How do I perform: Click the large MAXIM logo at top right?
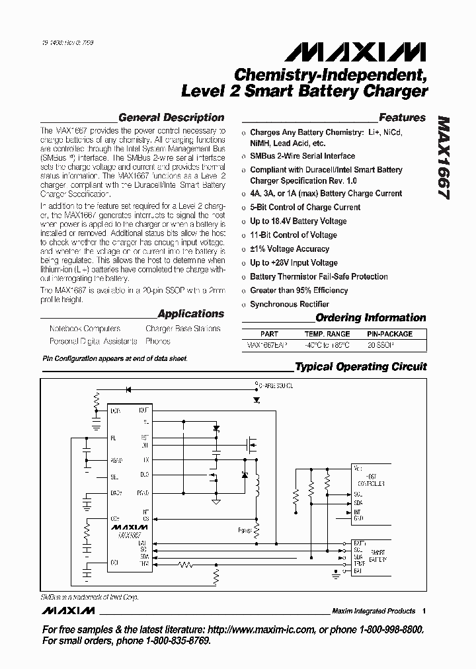tap(379, 52)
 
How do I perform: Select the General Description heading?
tap(171, 118)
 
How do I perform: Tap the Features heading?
tap(402, 118)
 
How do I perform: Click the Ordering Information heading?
tap(370, 317)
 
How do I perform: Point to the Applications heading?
tap(191, 314)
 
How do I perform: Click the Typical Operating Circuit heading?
tap(360, 366)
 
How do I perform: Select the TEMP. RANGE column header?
tap(327, 334)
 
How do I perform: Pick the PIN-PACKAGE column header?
tap(390, 334)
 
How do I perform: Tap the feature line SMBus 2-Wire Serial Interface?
tap(302, 156)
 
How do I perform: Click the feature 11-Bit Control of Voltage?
tap(293, 235)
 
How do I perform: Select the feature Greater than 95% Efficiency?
tap(299, 290)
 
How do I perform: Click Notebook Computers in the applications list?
tap(85, 329)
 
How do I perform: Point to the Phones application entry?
tap(157, 341)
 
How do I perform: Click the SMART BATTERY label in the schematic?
tap(377, 555)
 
